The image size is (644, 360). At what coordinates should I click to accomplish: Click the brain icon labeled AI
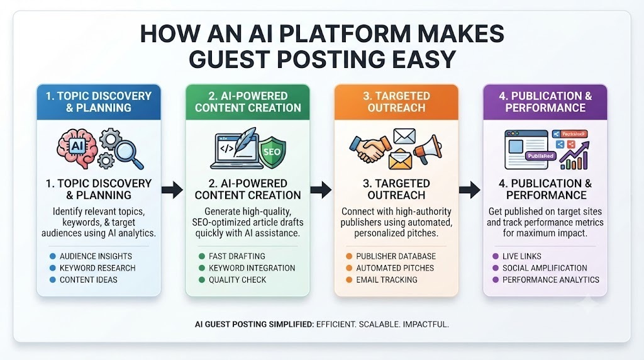77,148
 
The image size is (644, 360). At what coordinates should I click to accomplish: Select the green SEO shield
272,152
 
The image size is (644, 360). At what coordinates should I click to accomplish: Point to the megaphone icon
428,149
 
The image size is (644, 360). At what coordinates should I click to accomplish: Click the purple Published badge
540,156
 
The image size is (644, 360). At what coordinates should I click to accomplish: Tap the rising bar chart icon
574,155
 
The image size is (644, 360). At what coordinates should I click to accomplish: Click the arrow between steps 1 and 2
172,189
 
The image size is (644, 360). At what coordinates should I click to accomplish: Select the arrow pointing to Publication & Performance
470,189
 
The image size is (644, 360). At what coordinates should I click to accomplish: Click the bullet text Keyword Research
97,268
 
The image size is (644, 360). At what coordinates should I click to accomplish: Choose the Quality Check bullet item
237,280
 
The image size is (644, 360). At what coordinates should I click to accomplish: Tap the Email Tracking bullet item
387,280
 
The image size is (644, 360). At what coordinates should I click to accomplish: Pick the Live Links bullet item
521,256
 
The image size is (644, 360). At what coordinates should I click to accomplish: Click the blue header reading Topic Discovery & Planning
99,102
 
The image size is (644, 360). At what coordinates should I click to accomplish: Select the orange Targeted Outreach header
396,102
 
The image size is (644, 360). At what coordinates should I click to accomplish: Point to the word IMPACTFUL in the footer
426,324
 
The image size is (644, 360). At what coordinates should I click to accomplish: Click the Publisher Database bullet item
396,256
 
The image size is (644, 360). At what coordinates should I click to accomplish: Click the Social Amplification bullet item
545,268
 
